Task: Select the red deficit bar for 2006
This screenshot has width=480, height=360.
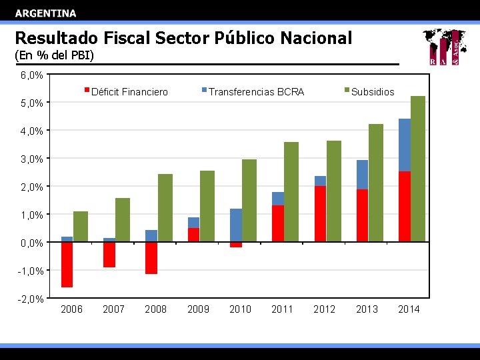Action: (x=67, y=264)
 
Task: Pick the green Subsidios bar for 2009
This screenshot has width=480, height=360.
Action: (x=207, y=206)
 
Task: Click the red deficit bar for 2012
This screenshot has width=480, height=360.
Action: (x=320, y=213)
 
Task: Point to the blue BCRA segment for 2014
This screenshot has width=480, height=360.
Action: (x=405, y=145)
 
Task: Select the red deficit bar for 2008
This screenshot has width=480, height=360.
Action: (x=151, y=257)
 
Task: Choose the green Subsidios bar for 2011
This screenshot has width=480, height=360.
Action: (x=291, y=191)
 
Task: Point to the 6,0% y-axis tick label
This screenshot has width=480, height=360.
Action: (x=31, y=75)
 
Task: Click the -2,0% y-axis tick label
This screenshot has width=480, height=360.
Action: (x=31, y=299)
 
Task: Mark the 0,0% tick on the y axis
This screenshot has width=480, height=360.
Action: (x=31, y=243)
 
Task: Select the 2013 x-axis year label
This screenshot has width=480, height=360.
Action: (x=367, y=309)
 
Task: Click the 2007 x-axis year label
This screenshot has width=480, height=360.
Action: (x=114, y=309)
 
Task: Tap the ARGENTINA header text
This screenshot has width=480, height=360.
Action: (x=45, y=13)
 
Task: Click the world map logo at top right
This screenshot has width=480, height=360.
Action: (x=443, y=47)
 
